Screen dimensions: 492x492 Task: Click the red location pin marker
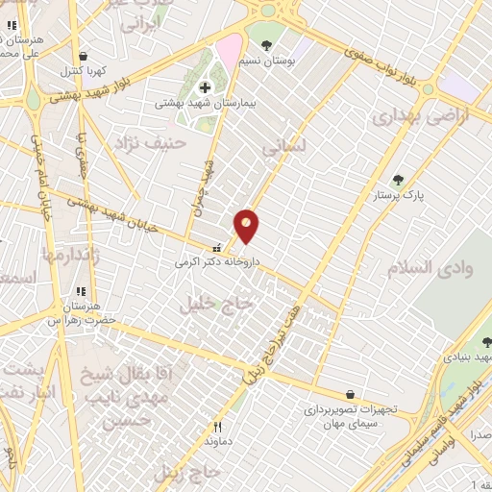coord(247,225)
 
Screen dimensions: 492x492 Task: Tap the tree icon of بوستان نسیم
coord(266,44)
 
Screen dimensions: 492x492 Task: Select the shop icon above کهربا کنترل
coord(85,56)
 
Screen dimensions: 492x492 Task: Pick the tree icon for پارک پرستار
coord(398,179)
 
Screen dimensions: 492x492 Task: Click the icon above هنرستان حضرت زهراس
coord(81,291)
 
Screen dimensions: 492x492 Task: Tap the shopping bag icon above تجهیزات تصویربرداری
coord(350,394)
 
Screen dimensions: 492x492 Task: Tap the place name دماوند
coord(217,441)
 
